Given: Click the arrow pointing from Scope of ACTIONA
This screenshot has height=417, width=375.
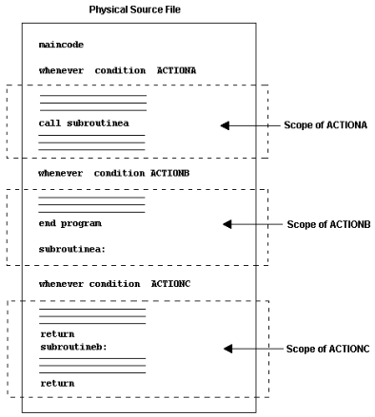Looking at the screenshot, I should point(248,124).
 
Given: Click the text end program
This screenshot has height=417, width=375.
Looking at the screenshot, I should point(70,223).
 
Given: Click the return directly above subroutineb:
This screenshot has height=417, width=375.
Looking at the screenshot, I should point(57,334).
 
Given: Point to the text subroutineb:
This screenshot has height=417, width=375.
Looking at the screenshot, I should point(73,347).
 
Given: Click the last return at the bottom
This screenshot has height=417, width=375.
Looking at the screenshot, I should point(57,384).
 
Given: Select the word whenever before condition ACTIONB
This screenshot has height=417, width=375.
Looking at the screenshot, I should point(62,174).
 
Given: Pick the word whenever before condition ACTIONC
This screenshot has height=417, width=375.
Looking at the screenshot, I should point(62,284).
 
